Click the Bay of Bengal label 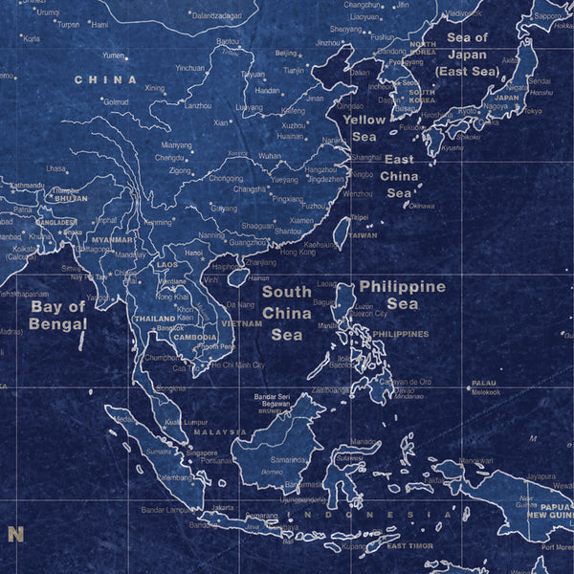(x=57, y=315)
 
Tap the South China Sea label (x=286, y=313)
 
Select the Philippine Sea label (x=402, y=295)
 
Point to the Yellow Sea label (x=364, y=128)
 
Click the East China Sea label (x=399, y=176)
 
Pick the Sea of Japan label (x=467, y=54)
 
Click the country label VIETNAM (x=241, y=324)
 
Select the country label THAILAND (x=154, y=319)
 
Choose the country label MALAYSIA (x=221, y=432)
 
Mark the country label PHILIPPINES (x=400, y=334)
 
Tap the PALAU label (x=484, y=383)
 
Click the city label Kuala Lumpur (x=186, y=422)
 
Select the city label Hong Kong (x=297, y=252)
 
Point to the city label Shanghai (x=365, y=157)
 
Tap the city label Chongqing (x=225, y=178)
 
